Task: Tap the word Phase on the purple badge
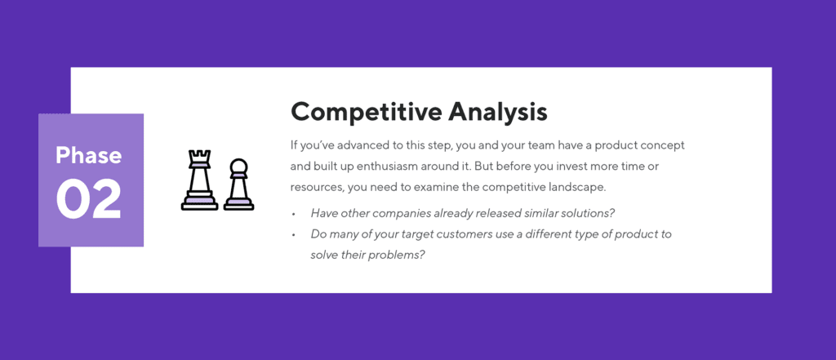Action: (x=88, y=155)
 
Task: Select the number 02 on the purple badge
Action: (x=88, y=198)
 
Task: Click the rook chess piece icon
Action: (x=199, y=180)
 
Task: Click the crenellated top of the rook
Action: (x=199, y=155)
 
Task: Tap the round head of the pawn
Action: (x=238, y=167)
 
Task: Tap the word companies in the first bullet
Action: (x=393, y=214)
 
